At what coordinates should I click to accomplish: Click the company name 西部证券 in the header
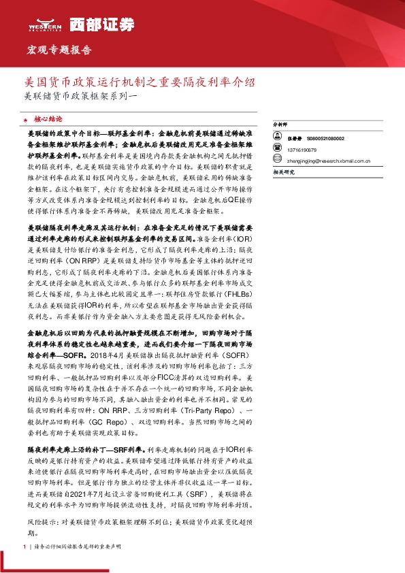[x=93, y=24]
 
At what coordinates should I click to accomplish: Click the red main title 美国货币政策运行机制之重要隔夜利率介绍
[x=140, y=83]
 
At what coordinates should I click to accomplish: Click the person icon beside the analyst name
[x=278, y=138]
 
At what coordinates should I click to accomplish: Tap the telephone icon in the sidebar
[x=278, y=150]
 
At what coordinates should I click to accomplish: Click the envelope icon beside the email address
[x=278, y=161]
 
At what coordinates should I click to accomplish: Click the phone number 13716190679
[x=301, y=150]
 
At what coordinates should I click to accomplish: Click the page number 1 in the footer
[x=25, y=546]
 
